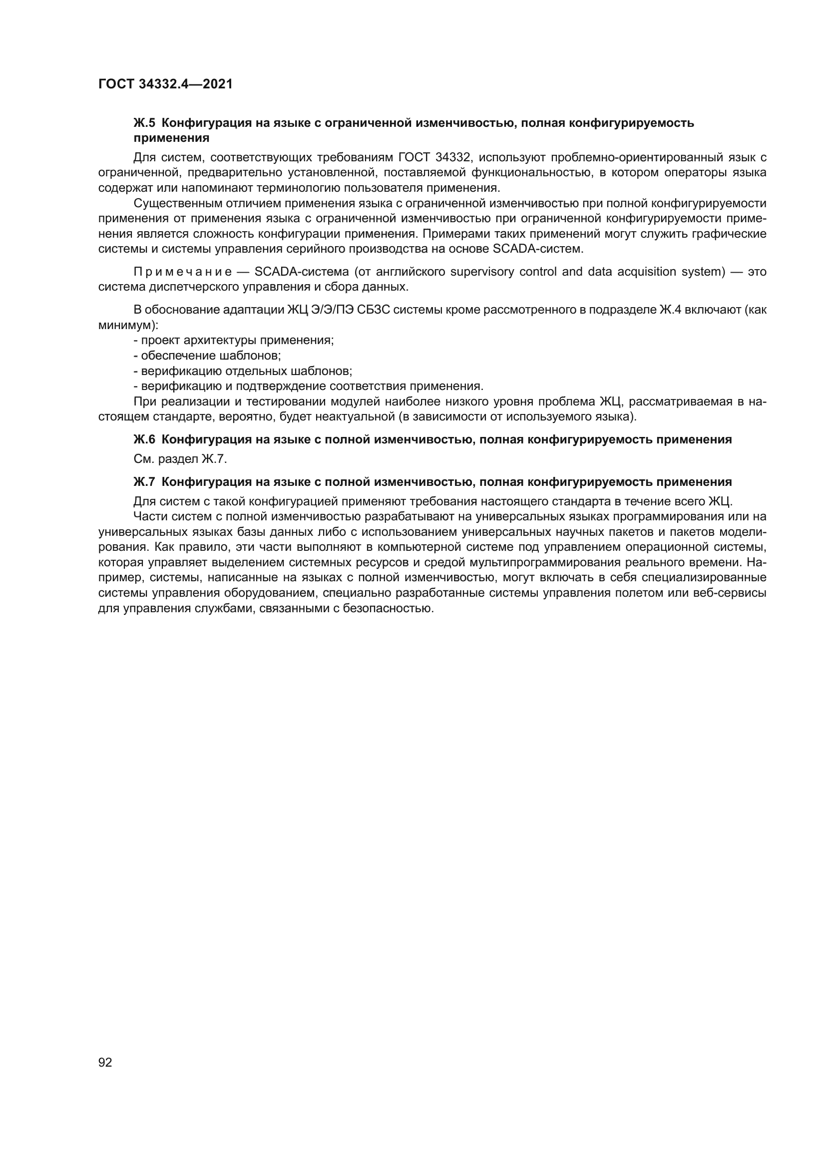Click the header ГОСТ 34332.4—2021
(x=165, y=84)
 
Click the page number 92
(x=105, y=1062)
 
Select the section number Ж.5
(x=144, y=123)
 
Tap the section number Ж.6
(x=144, y=439)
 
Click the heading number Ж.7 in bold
(x=144, y=482)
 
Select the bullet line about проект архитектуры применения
(x=233, y=341)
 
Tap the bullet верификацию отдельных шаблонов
(x=243, y=371)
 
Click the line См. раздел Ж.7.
(x=180, y=459)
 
